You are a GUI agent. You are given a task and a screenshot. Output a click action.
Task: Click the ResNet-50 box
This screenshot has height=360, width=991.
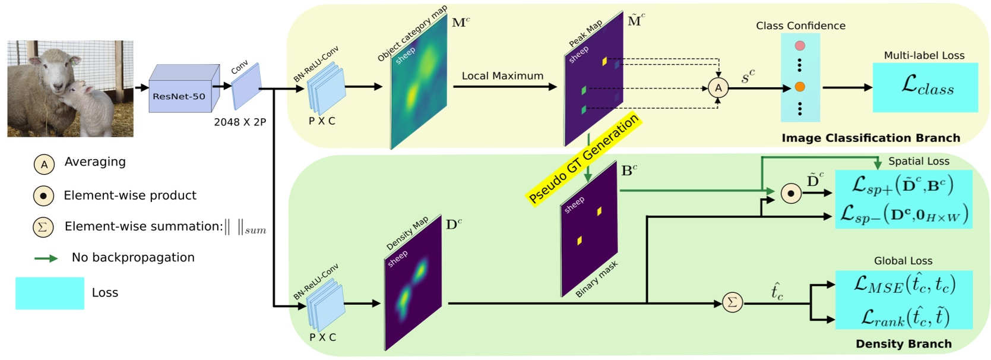(x=179, y=96)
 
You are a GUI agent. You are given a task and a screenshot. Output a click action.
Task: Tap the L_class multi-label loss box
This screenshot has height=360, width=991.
(x=925, y=87)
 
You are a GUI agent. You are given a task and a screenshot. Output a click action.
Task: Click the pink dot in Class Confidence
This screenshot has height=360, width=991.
(x=800, y=46)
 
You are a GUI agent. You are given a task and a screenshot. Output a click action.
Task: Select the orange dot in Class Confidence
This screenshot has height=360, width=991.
(x=800, y=87)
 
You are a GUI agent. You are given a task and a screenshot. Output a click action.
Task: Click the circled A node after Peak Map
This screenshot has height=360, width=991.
(x=718, y=88)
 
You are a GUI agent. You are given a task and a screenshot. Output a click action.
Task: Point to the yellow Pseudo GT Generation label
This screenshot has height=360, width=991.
(x=584, y=158)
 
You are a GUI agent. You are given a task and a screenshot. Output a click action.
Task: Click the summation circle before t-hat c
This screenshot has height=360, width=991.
(x=732, y=303)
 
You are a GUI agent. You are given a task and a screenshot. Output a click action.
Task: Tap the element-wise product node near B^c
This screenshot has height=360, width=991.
(x=790, y=194)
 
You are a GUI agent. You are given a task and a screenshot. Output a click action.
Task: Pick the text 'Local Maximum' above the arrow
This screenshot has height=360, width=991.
(x=502, y=76)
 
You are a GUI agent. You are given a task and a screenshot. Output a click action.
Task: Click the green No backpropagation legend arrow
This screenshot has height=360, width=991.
(x=46, y=258)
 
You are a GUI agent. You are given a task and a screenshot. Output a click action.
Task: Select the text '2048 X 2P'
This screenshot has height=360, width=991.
(x=240, y=122)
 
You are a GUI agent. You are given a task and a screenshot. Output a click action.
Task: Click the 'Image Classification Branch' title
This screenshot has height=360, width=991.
(x=870, y=138)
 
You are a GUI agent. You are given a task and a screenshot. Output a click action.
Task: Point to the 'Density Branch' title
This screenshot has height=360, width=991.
(x=903, y=344)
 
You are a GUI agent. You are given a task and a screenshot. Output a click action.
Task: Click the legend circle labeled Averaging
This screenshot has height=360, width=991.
(x=44, y=165)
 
